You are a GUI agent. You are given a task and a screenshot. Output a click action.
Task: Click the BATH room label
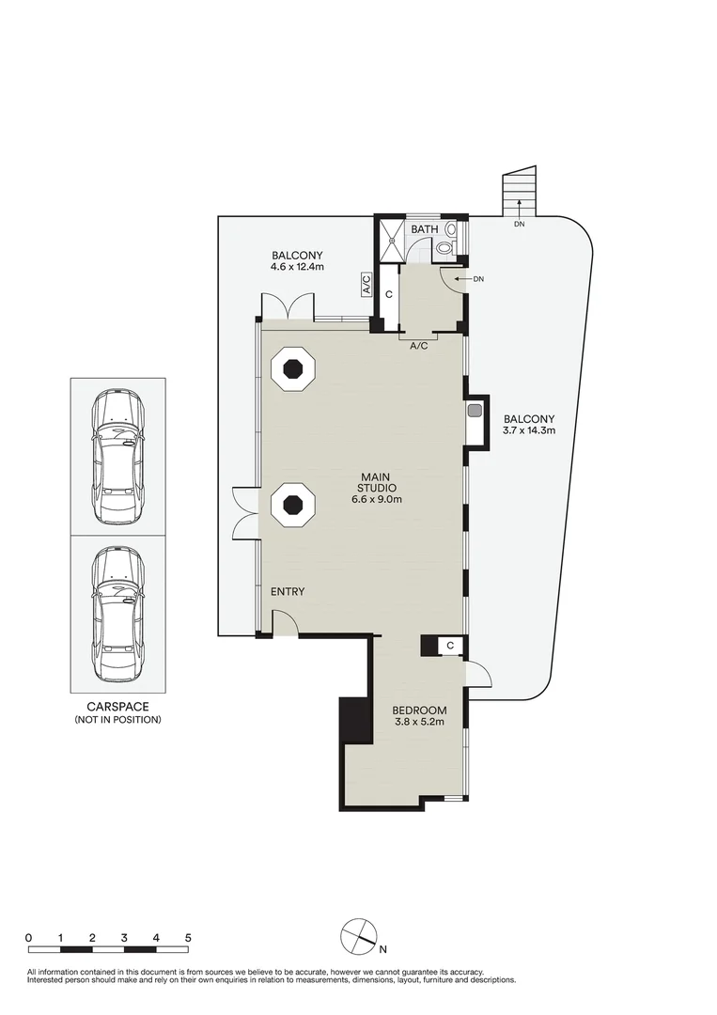[425, 229]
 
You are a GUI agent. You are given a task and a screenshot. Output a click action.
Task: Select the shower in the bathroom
[392, 239]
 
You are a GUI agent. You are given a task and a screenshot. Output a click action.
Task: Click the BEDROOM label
[420, 710]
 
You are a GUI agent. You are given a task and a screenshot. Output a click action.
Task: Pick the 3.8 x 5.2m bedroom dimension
[419, 722]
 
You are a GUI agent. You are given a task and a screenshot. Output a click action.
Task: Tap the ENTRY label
[288, 592]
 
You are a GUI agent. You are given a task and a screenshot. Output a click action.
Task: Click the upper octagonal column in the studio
[293, 368]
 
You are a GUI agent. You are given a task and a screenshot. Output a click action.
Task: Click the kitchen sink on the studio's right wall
[475, 410]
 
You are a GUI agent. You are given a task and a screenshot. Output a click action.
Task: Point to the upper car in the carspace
[117, 457]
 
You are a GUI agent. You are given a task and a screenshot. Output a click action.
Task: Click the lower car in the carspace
[117, 614]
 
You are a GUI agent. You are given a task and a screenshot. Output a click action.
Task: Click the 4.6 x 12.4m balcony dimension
[297, 267]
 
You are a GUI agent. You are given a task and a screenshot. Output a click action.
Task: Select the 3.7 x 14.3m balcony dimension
[529, 429]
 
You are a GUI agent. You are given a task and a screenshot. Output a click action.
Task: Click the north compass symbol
[359, 937]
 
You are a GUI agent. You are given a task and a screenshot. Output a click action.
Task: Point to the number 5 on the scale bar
[188, 937]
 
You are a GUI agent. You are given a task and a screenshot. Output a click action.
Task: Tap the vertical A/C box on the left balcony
[366, 284]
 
